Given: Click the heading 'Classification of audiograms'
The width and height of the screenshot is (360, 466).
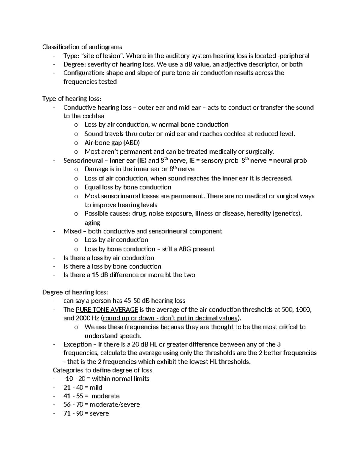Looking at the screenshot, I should coord(82,47).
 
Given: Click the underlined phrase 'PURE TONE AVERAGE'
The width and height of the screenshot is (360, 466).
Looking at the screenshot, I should coord(107,310).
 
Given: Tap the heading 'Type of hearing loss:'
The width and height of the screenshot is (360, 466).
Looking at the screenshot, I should coord(72,99).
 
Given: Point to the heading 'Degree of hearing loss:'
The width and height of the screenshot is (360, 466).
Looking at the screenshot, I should coord(75,292).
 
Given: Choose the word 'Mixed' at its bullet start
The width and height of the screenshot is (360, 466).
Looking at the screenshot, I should coord(72,231).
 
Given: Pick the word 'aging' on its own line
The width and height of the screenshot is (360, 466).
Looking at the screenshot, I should coord(92,223).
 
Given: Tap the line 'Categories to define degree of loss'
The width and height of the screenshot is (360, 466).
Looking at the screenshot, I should coord(102,370).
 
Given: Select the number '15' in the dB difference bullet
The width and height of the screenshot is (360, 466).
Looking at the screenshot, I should coord(95,275).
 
